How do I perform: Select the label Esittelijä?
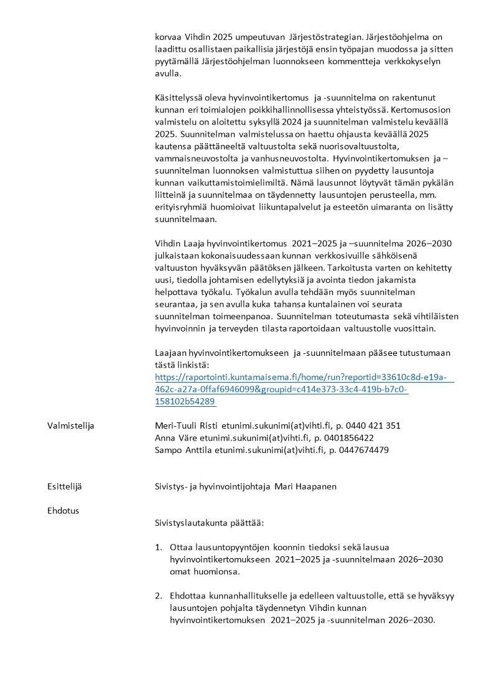64,486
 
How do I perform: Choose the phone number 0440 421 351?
373,426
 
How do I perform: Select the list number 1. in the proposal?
159,547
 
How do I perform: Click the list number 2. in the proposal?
159,596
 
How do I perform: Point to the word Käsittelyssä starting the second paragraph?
179,98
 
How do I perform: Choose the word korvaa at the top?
169,37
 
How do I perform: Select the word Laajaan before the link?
171,353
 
